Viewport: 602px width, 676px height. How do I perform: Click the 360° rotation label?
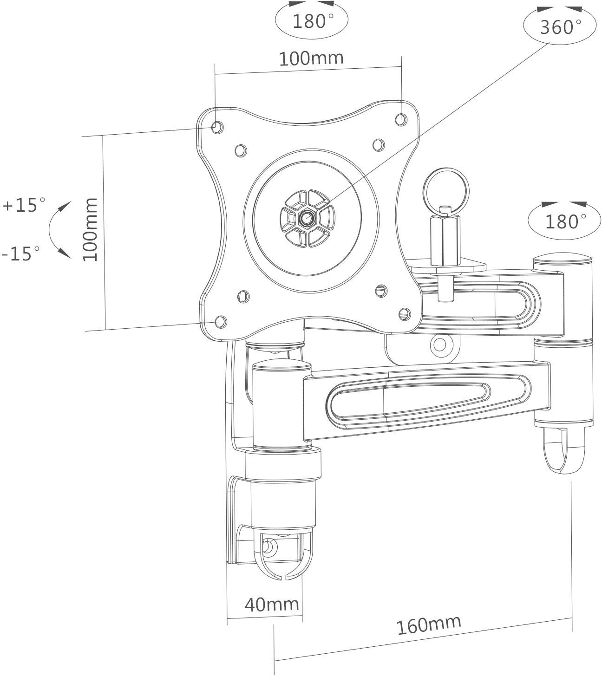pos(560,27)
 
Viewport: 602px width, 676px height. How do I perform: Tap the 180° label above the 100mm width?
pos(312,21)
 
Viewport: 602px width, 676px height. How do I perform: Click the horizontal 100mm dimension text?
pos(311,58)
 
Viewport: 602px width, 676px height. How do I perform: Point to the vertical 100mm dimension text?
pos(90,229)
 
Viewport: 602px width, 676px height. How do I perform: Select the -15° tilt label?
pos(21,253)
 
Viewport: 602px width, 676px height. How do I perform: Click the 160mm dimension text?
pos(428,624)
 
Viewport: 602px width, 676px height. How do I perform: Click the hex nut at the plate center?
pos(307,217)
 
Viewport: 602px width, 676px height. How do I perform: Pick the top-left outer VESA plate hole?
pos(216,126)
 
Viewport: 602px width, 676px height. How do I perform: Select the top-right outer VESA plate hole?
pos(400,119)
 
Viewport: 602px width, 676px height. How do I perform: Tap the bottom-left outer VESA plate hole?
pos(221,321)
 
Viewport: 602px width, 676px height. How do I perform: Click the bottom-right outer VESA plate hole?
pos(405,313)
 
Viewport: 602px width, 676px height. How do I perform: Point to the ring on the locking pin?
pos(446,190)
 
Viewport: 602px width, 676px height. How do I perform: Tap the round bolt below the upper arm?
pos(439,344)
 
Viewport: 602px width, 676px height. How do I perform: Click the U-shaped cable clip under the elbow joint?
pos(564,449)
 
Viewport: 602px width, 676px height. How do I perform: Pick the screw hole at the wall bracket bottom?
pos(268,547)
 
